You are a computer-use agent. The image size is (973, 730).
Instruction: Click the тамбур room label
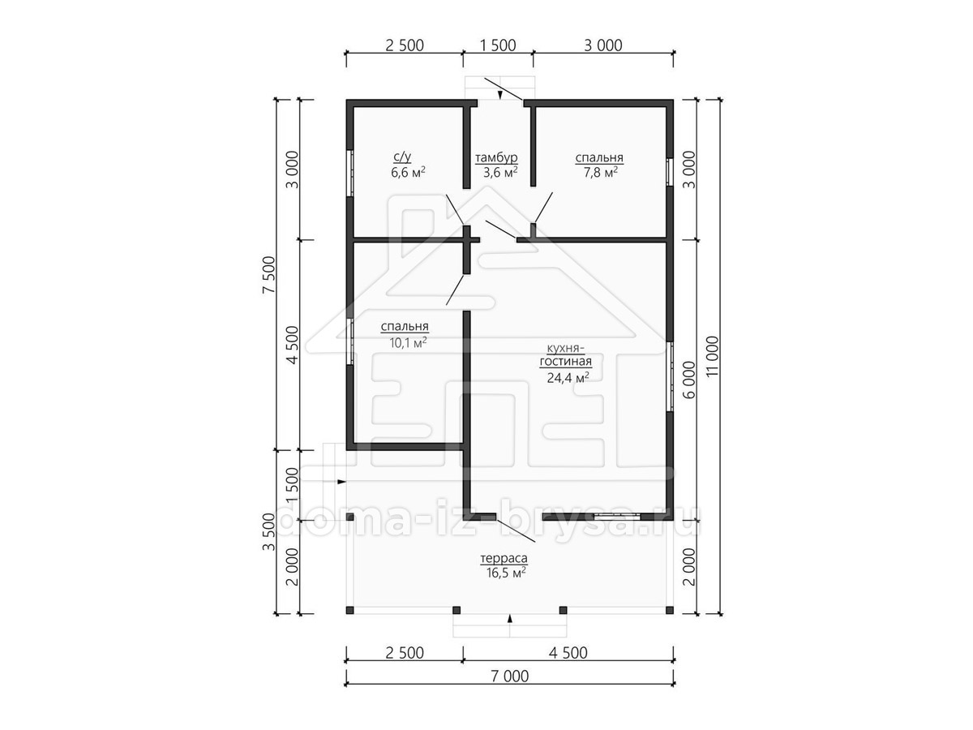click(496, 158)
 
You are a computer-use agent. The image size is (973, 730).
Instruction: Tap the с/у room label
click(402, 157)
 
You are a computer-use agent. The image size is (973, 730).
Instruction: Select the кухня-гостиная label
click(566, 355)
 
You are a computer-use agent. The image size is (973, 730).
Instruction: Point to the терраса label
click(504, 559)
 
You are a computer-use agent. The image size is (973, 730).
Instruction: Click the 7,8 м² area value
click(601, 172)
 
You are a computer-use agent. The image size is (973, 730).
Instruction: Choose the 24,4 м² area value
click(568, 378)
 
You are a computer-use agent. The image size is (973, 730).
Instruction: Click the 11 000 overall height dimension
click(713, 356)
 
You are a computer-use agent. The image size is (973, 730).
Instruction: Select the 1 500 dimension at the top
click(498, 45)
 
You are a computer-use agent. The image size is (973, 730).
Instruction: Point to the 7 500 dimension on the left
click(268, 275)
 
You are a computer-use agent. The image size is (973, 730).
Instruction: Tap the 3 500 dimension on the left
click(268, 532)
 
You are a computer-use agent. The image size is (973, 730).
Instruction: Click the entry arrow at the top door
click(500, 95)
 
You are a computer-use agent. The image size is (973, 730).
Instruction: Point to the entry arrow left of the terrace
click(341, 481)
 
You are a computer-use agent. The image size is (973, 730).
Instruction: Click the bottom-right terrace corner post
click(670, 610)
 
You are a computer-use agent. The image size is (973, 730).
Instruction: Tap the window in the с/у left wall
click(349, 173)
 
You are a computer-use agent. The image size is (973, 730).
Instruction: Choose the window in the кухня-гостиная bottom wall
click(618, 517)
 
